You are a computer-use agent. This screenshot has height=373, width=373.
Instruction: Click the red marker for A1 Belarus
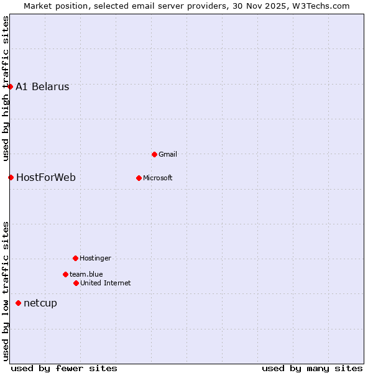(x=11, y=86)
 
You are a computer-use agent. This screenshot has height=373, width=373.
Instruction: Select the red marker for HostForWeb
(x=11, y=177)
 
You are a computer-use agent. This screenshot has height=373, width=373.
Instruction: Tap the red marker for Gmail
(x=155, y=154)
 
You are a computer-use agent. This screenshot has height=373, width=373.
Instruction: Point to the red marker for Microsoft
(x=139, y=178)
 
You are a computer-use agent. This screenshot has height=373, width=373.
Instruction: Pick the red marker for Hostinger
(x=75, y=258)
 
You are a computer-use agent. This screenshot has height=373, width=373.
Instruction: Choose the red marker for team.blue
(x=65, y=274)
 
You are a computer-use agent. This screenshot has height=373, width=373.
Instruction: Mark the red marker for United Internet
(x=76, y=283)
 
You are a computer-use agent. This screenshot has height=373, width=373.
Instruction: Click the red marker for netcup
(x=18, y=303)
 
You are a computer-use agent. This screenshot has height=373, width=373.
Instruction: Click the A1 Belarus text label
(x=42, y=87)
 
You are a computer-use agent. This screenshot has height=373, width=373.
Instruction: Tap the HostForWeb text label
(x=46, y=178)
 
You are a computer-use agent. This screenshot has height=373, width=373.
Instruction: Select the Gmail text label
(x=168, y=154)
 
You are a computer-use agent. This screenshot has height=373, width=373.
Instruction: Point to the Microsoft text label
(x=158, y=178)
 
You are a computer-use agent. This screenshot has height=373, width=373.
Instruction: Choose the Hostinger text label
(x=95, y=258)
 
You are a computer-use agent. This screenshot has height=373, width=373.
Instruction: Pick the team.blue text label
(x=86, y=274)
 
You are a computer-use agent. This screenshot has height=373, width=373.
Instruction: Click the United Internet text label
(x=106, y=283)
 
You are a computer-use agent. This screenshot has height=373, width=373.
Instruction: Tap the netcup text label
(x=40, y=303)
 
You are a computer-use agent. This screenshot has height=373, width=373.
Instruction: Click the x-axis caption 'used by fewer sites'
(x=64, y=368)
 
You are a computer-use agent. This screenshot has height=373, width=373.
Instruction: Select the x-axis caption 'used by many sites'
(x=312, y=368)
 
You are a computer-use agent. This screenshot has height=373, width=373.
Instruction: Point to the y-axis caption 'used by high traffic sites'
(x=6, y=88)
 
